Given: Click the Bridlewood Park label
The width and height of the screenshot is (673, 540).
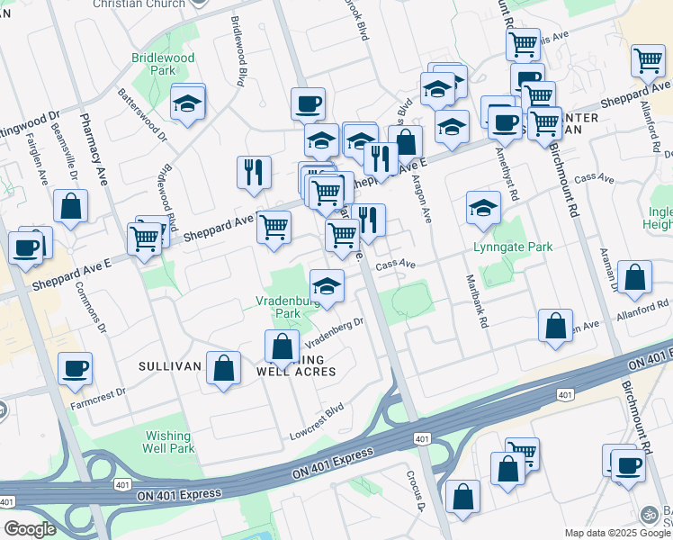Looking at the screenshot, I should (163, 63).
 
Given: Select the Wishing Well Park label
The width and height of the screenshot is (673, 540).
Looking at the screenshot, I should (169, 442).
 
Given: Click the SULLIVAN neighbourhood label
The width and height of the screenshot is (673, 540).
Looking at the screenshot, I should (167, 366).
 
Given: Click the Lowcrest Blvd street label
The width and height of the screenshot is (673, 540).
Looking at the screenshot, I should (317, 421).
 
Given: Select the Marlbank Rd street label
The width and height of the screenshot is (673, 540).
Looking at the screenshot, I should (475, 302).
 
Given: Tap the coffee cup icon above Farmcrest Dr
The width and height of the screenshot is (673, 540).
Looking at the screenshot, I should (75, 367).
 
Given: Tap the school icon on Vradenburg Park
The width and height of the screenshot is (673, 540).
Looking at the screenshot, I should (327, 285).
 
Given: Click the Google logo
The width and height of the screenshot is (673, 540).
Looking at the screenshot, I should (30, 529).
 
